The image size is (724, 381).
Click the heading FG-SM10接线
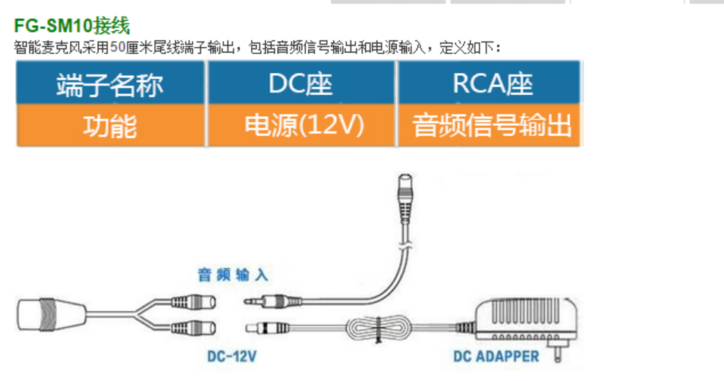[x=72, y=26]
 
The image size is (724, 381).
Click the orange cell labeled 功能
[x=110, y=125]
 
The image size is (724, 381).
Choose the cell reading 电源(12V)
[x=301, y=125]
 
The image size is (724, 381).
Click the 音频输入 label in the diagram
[x=232, y=275]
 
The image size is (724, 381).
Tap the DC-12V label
[x=232, y=354]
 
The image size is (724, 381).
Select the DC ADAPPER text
[x=496, y=355]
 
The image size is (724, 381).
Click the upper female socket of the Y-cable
[x=193, y=301]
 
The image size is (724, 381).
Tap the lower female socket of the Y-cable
[x=193, y=329]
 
